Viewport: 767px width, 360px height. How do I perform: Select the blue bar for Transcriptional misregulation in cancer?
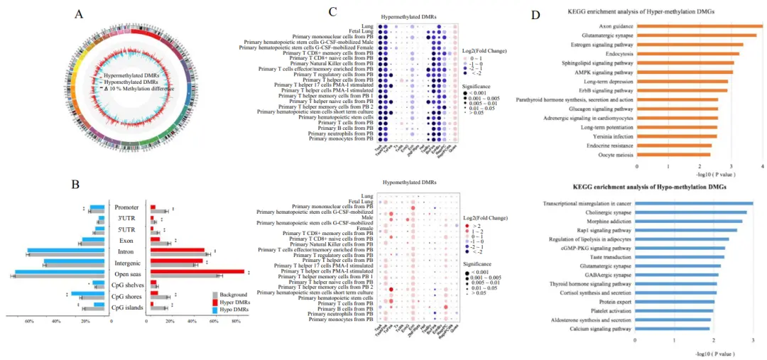pos(694,203)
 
